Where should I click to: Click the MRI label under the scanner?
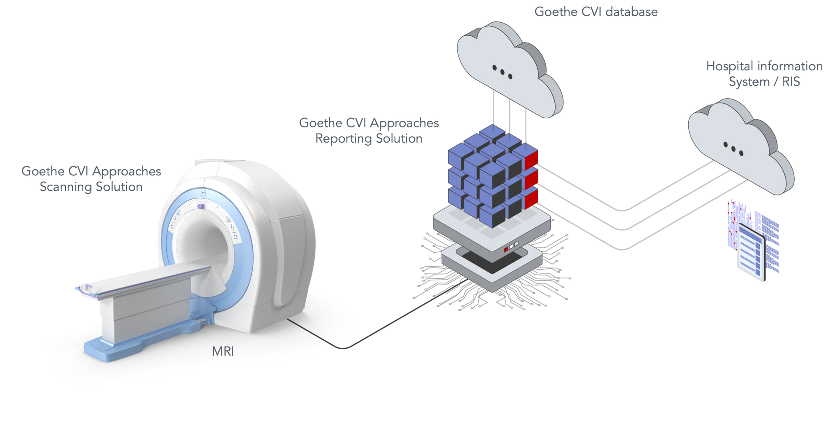click(222, 351)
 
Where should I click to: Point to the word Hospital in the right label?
click(729, 66)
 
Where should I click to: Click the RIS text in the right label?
click(791, 82)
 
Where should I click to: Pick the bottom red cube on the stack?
click(532, 199)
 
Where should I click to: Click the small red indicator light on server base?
click(506, 250)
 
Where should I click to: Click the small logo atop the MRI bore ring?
click(203, 192)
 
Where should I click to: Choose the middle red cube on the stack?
click(532, 179)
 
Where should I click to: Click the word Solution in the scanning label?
click(119, 187)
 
